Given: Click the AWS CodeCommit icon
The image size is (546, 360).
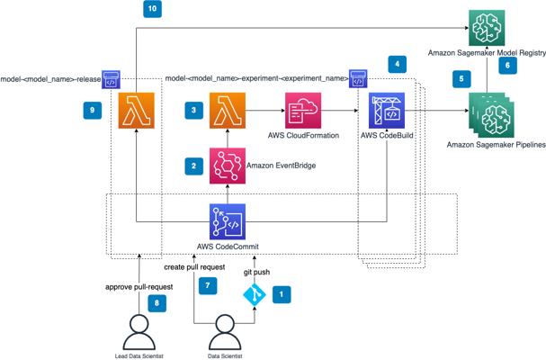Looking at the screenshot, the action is click(228, 222).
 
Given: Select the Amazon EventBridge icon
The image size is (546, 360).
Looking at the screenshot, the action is click(228, 166).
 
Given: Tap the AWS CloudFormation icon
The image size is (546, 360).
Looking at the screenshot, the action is click(303, 111).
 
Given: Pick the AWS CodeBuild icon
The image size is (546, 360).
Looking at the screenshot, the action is click(387, 111).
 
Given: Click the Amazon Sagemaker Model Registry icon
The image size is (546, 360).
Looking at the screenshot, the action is click(487, 28).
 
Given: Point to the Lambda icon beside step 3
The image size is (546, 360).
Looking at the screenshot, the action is click(228, 111).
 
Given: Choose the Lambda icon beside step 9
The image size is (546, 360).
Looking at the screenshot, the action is click(136, 111).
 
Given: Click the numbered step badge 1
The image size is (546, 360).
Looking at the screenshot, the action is click(282, 294).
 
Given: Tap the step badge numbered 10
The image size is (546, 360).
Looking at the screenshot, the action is click(153, 8).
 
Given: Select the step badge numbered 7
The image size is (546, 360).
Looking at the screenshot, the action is click(208, 286).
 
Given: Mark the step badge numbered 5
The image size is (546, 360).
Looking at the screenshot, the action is click(461, 79).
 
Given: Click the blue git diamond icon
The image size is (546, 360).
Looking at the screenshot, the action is click(255, 295).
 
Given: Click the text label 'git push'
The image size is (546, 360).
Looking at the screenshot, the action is click(256, 272).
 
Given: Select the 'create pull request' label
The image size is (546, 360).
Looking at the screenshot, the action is click(194, 267).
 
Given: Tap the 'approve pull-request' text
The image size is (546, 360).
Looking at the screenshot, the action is click(139, 287).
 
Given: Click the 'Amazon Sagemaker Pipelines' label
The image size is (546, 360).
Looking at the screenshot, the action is click(497, 145).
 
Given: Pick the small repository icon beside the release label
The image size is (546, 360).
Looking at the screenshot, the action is click(111, 79).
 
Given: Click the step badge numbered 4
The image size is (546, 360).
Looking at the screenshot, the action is click(398, 64).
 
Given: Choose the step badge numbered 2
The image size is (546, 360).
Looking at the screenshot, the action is click(194, 166).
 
